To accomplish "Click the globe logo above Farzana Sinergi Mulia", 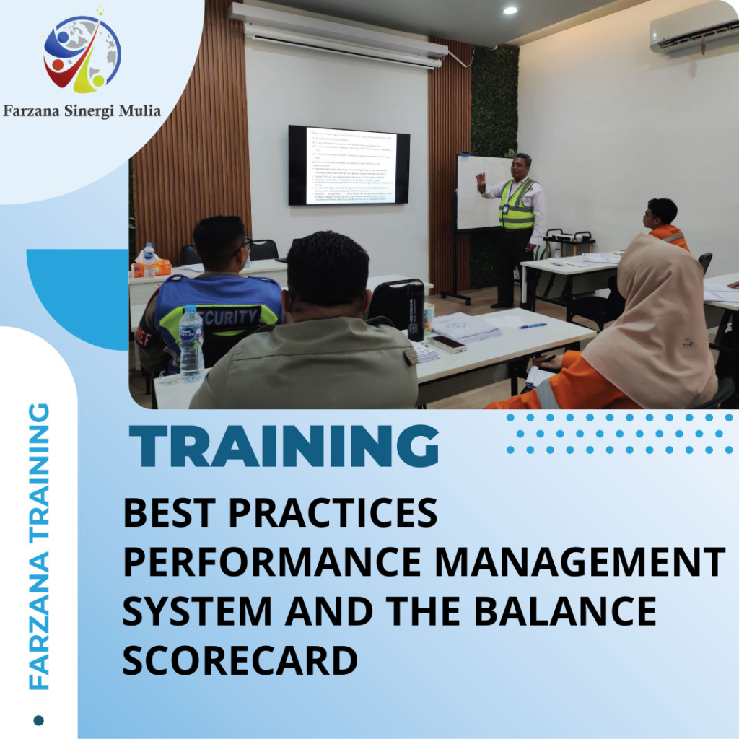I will click(82, 51).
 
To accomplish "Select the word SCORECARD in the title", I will click(240, 660).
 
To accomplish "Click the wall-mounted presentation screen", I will click(349, 165).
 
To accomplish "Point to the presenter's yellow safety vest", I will click(517, 204).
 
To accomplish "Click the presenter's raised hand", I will click(481, 178).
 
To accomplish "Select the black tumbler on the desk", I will click(415, 310).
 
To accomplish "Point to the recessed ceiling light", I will click(510, 10).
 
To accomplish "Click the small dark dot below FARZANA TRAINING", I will click(39, 720).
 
